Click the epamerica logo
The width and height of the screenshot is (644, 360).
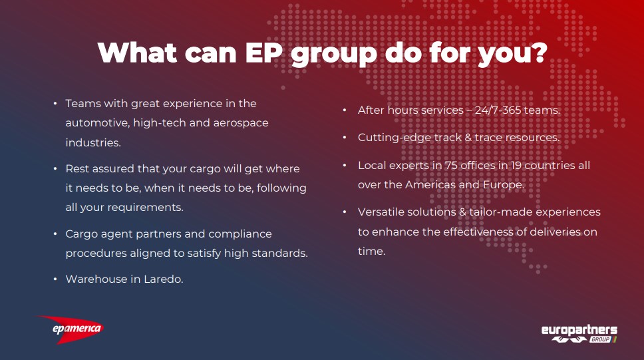pos(71,329)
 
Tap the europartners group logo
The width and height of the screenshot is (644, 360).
pos(579,333)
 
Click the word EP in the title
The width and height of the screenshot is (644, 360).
pos(263,53)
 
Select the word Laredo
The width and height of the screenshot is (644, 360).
pos(163,279)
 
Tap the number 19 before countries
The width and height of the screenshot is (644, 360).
pos(516,165)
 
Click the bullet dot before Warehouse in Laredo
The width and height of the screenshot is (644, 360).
pos(55,279)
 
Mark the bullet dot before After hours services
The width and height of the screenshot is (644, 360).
pos(345,110)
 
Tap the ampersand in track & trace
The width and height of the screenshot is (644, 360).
pos(468,138)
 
